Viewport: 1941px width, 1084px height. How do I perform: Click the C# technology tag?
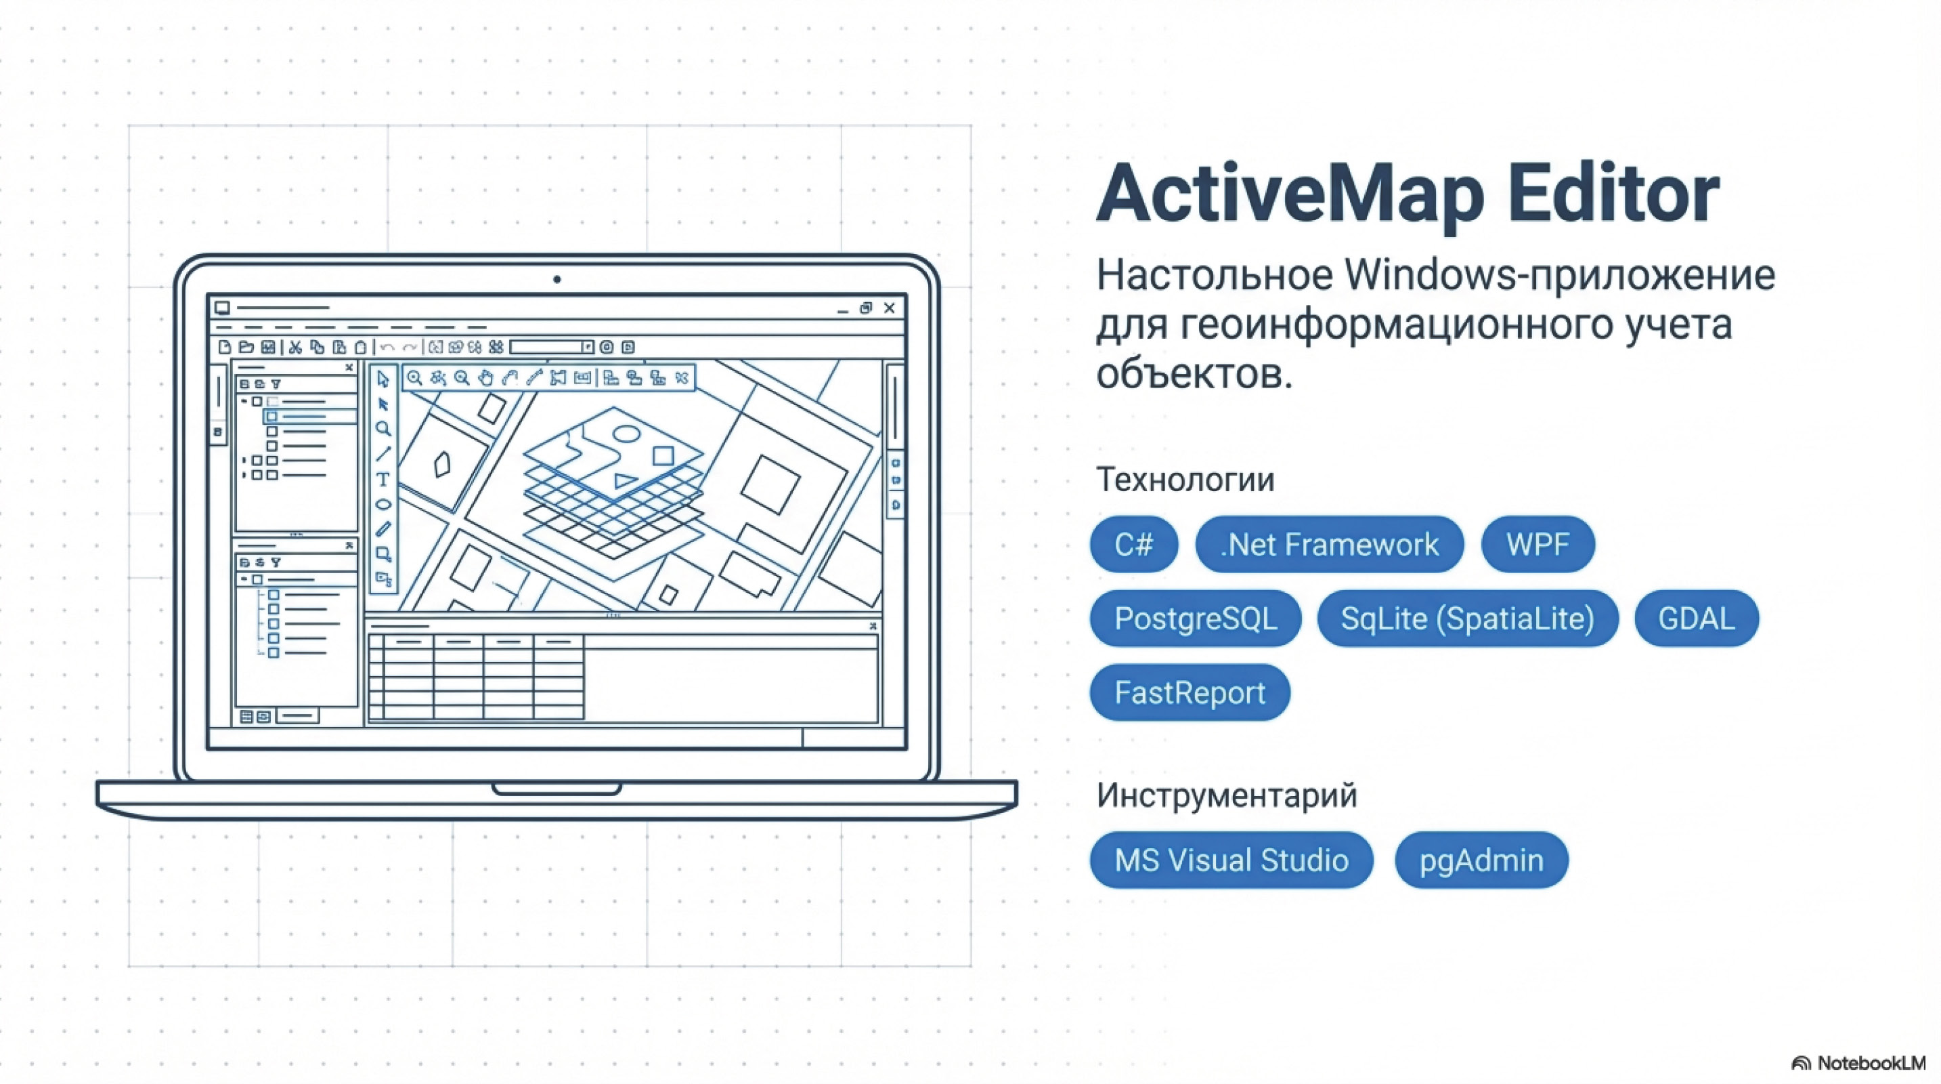tap(1133, 544)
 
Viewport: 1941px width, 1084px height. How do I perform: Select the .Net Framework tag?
tap(1329, 544)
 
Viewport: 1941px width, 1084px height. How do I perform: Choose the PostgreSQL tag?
tap(1195, 618)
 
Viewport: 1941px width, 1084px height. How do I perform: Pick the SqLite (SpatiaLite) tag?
tap(1467, 618)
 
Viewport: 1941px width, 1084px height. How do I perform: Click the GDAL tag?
tap(1696, 618)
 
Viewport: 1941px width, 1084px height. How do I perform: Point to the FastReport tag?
tap(1190, 692)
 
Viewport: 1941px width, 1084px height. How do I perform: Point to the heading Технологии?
tap(1185, 480)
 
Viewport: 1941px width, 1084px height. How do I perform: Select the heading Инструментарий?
tap(1227, 795)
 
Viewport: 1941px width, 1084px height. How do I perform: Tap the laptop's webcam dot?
tap(557, 280)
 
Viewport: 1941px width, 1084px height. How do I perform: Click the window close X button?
tap(890, 308)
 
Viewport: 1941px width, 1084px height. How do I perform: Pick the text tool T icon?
tap(383, 480)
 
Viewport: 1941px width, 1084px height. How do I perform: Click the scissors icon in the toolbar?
tap(295, 347)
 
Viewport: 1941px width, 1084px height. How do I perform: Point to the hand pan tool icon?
tap(486, 377)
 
